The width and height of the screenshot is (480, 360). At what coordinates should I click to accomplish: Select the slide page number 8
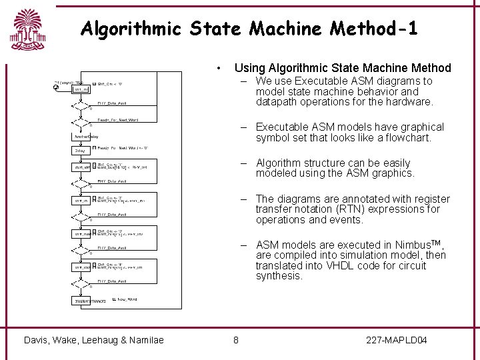236,341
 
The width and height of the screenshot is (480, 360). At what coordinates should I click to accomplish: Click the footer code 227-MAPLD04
397,341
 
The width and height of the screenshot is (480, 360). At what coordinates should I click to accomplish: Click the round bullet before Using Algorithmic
219,68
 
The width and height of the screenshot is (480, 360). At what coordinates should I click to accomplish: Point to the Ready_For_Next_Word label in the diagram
117,120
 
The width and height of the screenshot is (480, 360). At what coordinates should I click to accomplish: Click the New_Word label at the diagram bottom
127,299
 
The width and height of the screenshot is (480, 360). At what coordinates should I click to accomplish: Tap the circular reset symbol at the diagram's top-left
56,87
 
